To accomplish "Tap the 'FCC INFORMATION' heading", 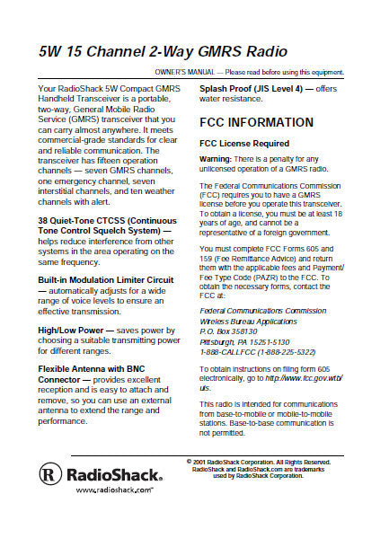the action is coord(256,122).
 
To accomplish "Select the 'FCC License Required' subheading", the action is coord(243,144).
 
